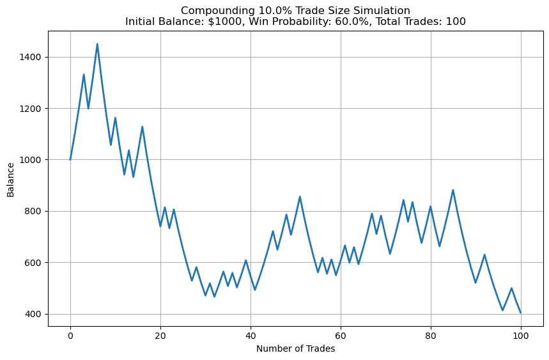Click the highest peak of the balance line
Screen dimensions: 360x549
97,44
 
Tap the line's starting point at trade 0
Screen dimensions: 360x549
70,160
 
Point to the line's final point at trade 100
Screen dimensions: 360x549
521,313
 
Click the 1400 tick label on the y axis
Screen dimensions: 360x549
30,57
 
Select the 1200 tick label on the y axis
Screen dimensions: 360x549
30,109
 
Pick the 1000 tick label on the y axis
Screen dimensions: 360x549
30,160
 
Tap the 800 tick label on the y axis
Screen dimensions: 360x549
33,212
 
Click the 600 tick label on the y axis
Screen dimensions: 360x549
33,263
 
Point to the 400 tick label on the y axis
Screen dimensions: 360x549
33,314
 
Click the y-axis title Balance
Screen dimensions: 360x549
10,179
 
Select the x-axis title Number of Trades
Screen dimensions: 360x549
295,348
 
